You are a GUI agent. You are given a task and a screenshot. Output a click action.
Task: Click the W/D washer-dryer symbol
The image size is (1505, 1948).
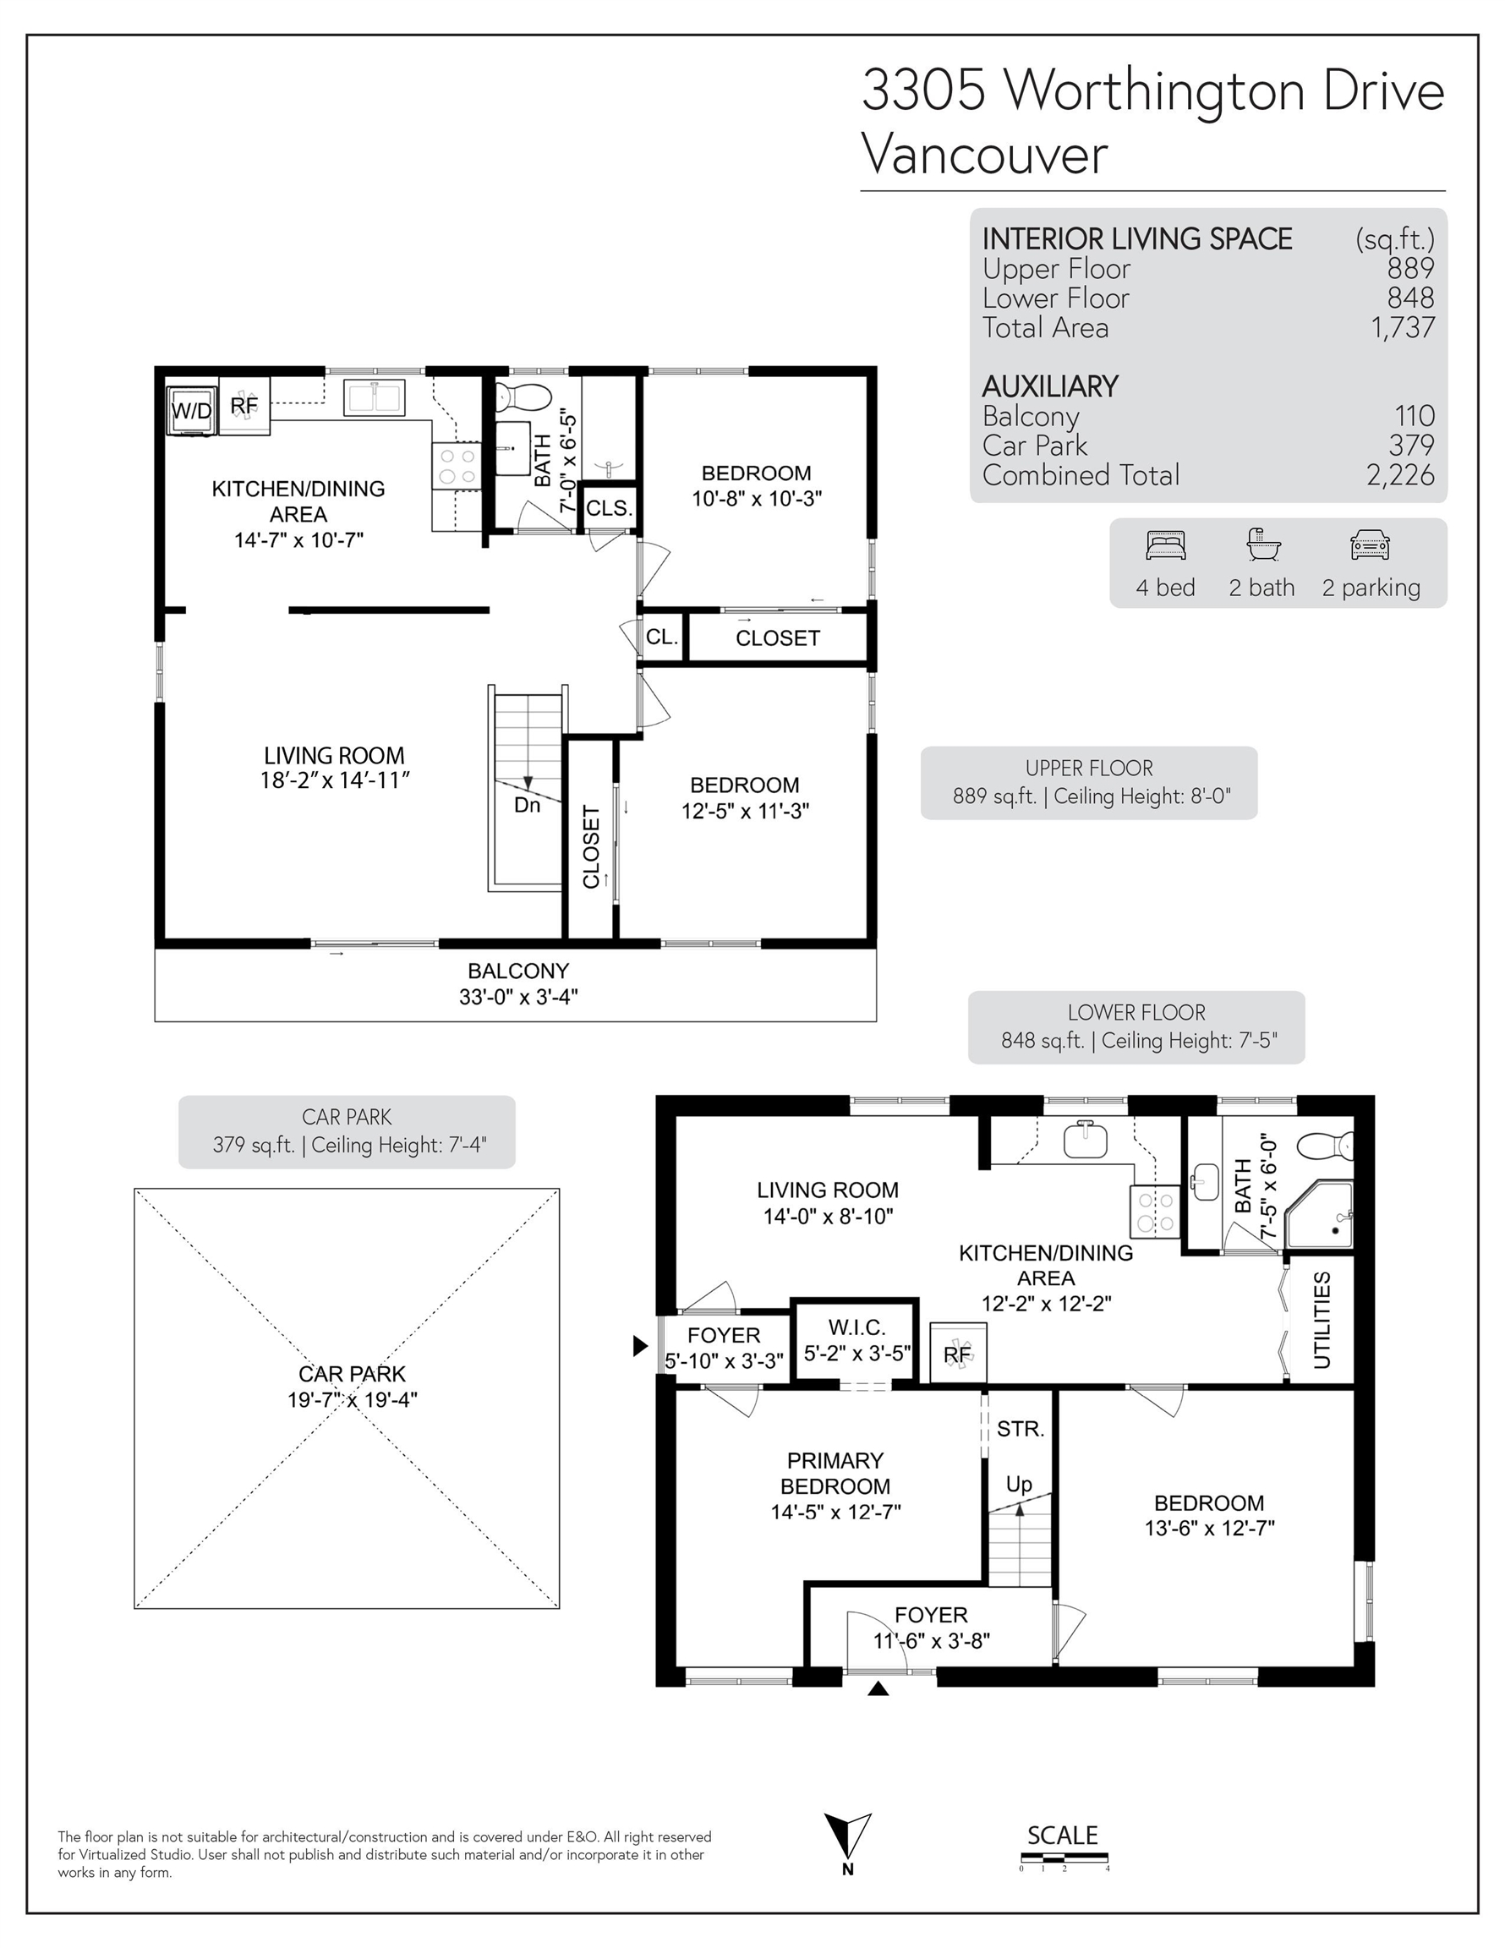tap(192, 410)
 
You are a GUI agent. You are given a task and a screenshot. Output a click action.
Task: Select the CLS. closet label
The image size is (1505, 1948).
tap(610, 508)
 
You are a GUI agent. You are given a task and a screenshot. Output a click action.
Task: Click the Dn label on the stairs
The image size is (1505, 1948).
tap(528, 805)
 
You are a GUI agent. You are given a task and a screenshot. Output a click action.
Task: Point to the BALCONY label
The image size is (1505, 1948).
tap(518, 971)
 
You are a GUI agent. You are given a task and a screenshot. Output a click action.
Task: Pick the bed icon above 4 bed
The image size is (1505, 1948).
tap(1165, 545)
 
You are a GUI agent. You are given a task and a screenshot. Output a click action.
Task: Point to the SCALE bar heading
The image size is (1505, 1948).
tap(1063, 1836)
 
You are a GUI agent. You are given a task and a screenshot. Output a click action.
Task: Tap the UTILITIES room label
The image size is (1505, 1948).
tap(1322, 1320)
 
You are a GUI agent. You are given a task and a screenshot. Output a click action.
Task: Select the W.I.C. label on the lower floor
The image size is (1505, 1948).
tap(856, 1327)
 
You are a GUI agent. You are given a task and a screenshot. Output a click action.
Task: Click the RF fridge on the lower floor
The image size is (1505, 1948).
tap(958, 1353)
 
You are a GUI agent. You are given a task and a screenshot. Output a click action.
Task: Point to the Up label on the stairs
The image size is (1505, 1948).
tap(1019, 1483)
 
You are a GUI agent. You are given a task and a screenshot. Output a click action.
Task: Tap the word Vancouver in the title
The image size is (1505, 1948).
tap(984, 155)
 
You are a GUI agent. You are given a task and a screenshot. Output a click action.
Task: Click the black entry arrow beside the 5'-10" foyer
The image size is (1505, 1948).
tap(641, 1346)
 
